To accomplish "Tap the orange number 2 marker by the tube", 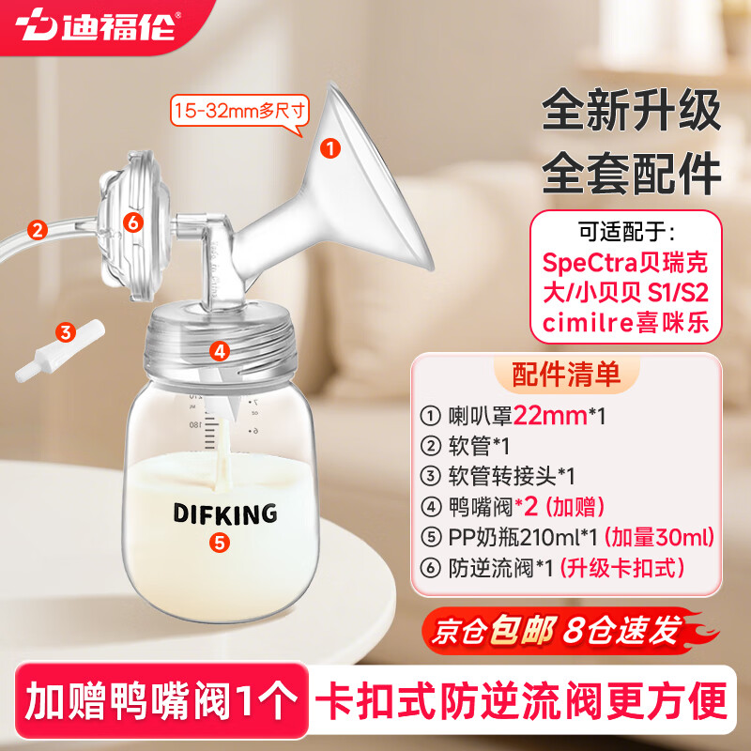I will point(38,228).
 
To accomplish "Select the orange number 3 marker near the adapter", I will point(65,331).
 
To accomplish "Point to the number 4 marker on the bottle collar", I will point(220,351).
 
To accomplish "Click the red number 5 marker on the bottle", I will point(219,542).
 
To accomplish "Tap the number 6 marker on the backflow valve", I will point(132,222).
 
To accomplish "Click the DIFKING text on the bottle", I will point(224,513).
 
